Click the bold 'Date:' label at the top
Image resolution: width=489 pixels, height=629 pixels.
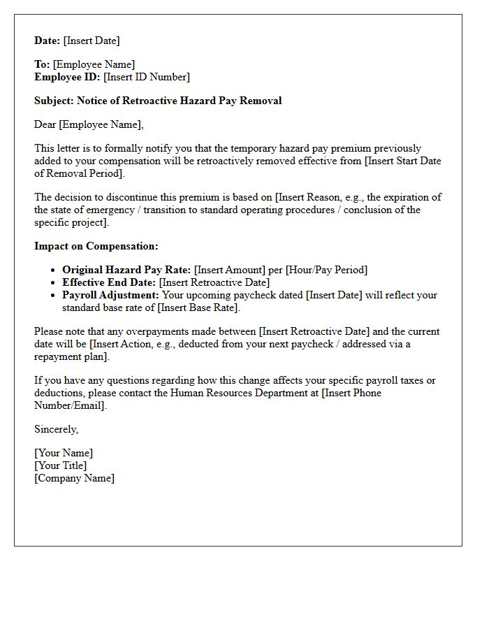pos(48,41)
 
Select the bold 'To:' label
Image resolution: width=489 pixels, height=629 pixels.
pos(42,64)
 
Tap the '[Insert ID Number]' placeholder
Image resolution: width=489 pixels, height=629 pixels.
pos(147,77)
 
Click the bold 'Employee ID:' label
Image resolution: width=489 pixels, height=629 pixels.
pos(67,77)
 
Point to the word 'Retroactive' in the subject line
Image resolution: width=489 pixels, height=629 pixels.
pos(152,101)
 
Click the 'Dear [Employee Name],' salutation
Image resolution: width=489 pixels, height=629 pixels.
pos(89,124)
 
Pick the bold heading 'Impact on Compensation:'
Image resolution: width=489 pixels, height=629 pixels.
pos(96,246)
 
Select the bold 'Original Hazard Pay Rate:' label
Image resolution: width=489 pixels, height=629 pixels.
pos(126,270)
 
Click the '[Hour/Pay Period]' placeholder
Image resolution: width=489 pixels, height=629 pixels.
pos(326,270)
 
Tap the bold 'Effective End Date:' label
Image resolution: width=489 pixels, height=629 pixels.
pos(110,282)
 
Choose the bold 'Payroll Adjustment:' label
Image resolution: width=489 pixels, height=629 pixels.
pos(110,295)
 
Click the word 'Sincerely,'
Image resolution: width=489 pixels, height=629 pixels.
pos(57,429)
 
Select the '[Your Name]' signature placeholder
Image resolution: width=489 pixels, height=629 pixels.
pos(64,453)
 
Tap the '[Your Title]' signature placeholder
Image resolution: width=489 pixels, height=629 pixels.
pos(61,465)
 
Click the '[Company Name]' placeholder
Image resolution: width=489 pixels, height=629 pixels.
pos(75,478)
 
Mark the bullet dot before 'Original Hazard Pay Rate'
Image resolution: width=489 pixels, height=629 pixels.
pos(54,270)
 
